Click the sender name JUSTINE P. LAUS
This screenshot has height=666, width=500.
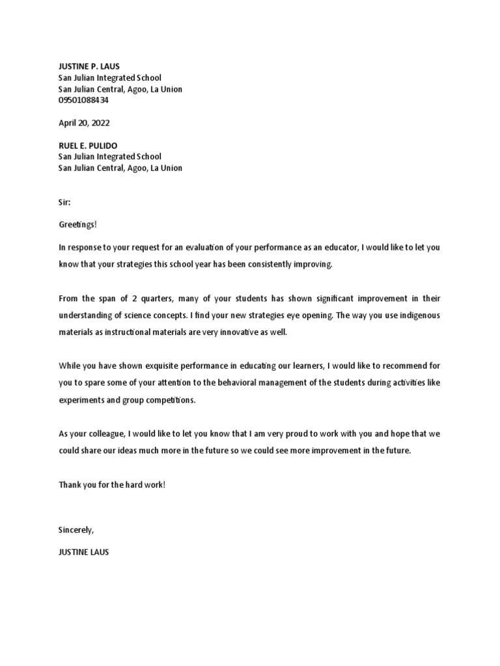(89, 66)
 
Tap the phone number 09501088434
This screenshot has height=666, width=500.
(83, 100)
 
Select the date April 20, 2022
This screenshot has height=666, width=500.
(81, 123)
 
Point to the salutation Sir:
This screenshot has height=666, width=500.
(64, 202)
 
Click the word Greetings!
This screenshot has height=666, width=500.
(77, 224)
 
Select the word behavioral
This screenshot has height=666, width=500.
(240, 383)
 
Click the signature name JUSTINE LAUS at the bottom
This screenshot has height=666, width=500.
(84, 552)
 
